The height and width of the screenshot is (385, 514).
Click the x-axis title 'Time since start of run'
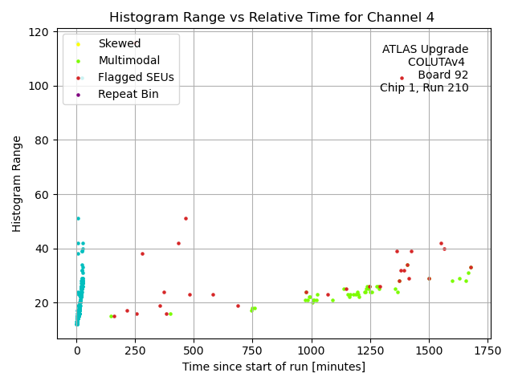click(273, 367)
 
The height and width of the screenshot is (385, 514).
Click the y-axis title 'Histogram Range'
click(17, 184)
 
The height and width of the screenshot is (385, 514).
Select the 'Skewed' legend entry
click(119, 43)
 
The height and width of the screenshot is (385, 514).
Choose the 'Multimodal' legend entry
click(128, 60)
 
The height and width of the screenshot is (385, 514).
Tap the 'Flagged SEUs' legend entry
click(136, 77)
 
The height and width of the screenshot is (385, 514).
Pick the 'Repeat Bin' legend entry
click(128, 94)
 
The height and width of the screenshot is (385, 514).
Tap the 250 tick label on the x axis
click(135, 351)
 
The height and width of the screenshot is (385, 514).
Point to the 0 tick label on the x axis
click(76, 351)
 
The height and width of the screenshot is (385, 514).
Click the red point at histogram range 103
click(402, 78)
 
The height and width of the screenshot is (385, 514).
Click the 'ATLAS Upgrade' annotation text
click(425, 49)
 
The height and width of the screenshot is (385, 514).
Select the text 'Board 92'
click(443, 75)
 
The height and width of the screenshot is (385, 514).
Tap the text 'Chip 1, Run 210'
click(424, 87)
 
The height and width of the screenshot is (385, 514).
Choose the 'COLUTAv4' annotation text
click(436, 62)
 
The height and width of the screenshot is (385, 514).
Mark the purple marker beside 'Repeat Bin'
click(78, 95)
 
